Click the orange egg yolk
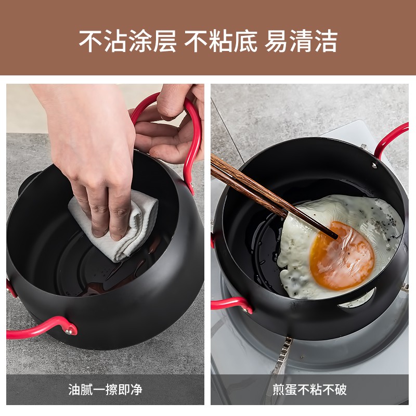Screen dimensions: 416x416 pyautogui.click(x=342, y=256)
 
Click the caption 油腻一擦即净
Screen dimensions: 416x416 pyautogui.click(x=106, y=389)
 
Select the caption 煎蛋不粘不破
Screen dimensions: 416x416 pyautogui.click(x=309, y=389)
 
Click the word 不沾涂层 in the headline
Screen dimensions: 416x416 pyautogui.click(x=128, y=41)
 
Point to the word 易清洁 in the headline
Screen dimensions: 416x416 pyautogui.click(x=301, y=41)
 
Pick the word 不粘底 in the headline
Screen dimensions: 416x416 pyautogui.click(x=221, y=41)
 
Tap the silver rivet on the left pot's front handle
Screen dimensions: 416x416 pyautogui.click(x=70, y=331)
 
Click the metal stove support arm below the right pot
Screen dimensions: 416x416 pyautogui.click(x=282, y=356)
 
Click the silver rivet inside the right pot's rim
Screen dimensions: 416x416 pyautogui.click(x=374, y=166)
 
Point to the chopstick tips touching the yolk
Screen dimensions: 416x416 pyautogui.click(x=335, y=236)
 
